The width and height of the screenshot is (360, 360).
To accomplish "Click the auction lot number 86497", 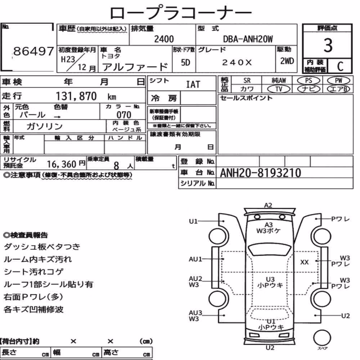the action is click(x=33, y=51).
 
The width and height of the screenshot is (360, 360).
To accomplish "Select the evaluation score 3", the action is click(x=328, y=45).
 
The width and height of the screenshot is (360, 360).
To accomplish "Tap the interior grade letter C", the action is click(x=340, y=66).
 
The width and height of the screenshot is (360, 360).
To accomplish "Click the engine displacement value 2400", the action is click(x=164, y=39).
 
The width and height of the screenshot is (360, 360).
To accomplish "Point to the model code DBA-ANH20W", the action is click(x=248, y=39).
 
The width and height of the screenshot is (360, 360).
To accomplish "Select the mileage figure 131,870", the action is click(x=76, y=96).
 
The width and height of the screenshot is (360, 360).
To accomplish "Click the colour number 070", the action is click(x=124, y=114).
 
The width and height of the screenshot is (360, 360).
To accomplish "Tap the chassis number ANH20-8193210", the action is click(x=260, y=173).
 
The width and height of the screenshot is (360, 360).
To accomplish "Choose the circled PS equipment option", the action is click(x=309, y=81).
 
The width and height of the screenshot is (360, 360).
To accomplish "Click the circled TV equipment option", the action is click(x=279, y=89).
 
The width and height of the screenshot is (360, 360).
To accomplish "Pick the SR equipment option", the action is click(x=247, y=81).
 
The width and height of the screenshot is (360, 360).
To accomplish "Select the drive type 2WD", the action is click(x=287, y=61).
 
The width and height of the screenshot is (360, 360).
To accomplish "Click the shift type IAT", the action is click(x=193, y=85).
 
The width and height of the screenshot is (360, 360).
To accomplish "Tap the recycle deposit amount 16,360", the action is click(x=62, y=164).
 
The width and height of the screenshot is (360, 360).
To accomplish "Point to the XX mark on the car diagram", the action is click(x=305, y=262).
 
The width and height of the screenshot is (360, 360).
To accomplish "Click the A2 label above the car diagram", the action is click(x=268, y=205).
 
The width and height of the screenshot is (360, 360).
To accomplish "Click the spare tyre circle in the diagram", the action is click(x=322, y=338).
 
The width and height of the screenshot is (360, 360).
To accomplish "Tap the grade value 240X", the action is click(x=237, y=62).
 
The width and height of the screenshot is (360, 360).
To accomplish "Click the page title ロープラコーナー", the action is click(x=181, y=13).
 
